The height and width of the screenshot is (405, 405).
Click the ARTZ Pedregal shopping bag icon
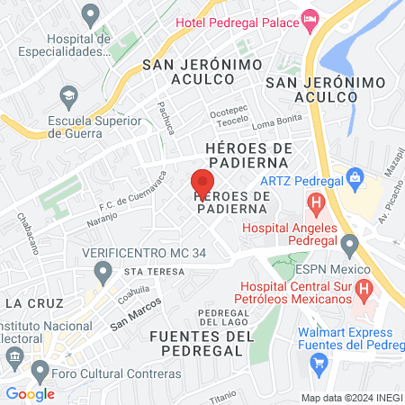click(x=356, y=176)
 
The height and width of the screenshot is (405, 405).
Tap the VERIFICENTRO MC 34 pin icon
click(x=104, y=270)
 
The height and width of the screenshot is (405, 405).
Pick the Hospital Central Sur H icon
click(x=364, y=290)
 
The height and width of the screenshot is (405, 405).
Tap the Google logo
click(x=30, y=393)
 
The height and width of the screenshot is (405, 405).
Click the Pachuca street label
click(x=167, y=118)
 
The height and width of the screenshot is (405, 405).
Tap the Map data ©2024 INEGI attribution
click(x=351, y=397)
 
